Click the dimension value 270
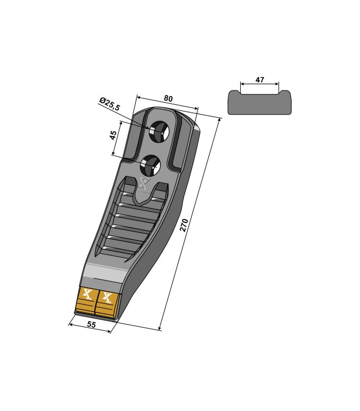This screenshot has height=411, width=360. point(184,225)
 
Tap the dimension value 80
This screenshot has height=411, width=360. point(168,98)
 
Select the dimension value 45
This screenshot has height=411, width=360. point(113,135)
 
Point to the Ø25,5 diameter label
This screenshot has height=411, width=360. point(110,104)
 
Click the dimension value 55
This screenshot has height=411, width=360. point(91,325)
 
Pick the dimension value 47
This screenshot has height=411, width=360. point(260,80)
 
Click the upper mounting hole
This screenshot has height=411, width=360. point(159,132)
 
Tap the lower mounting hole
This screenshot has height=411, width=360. point(150,165)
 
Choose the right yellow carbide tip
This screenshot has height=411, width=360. point(107,304)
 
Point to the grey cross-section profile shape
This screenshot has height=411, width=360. point(259,102)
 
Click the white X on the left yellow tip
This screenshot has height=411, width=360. point(87,293)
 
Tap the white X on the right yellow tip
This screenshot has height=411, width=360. point(107,297)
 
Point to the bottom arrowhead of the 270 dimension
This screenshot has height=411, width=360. point(160,328)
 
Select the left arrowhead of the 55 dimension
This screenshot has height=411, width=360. point(70,325)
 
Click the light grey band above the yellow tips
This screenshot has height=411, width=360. point(104,271)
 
